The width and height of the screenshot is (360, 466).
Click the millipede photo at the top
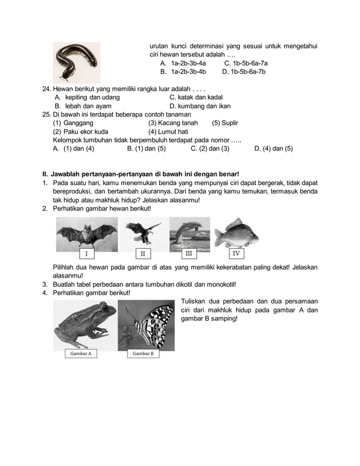76,62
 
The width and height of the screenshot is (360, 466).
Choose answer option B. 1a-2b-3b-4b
183,72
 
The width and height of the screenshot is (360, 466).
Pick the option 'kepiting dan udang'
87,97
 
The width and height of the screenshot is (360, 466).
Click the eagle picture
143,231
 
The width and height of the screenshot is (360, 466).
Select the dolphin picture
189,231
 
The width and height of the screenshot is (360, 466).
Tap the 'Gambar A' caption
81,353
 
